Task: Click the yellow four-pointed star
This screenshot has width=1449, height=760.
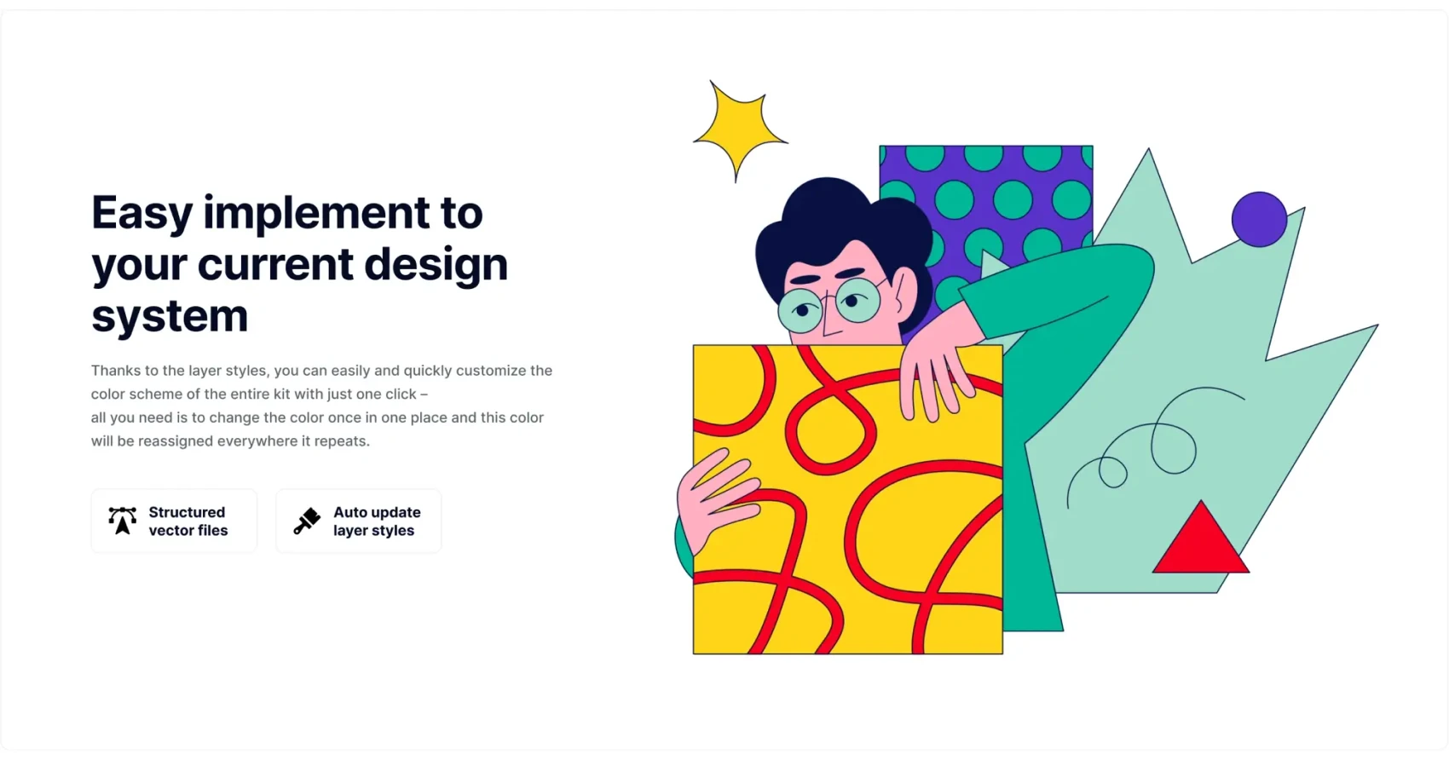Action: pyautogui.click(x=740, y=130)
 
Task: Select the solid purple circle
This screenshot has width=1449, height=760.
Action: pyautogui.click(x=1259, y=219)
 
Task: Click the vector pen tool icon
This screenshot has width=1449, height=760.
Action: pyautogui.click(x=122, y=521)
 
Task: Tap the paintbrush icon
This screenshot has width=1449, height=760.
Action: pyautogui.click(x=307, y=521)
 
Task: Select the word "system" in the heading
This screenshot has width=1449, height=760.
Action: pyautogui.click(x=170, y=315)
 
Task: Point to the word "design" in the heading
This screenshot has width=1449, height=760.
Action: pyautogui.click(x=436, y=265)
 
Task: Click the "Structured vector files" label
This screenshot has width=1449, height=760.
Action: pyautogui.click(x=188, y=521)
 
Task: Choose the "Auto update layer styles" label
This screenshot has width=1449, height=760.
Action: pyautogui.click(x=377, y=521)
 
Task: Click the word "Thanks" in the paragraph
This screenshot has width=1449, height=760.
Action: pyautogui.click(x=116, y=371)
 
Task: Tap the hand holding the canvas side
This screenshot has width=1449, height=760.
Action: pyautogui.click(x=717, y=498)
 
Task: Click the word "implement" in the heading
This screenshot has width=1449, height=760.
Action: pyautogui.click(x=316, y=214)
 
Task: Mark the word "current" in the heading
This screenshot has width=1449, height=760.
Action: pyautogui.click(x=275, y=265)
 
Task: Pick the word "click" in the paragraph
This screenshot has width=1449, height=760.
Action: pyautogui.click(x=400, y=394)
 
